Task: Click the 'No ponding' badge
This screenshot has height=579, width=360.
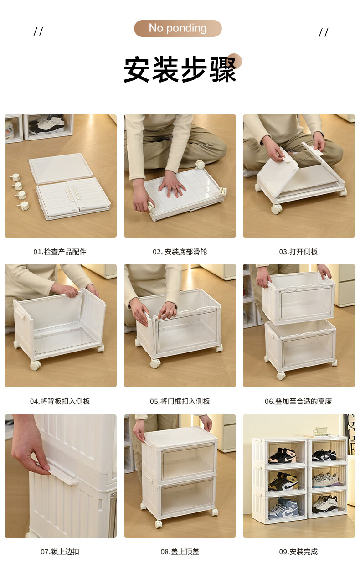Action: (178, 28)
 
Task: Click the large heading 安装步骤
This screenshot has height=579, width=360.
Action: (180, 69)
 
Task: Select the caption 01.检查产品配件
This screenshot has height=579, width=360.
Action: (60, 252)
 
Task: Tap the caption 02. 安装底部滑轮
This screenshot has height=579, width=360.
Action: (180, 252)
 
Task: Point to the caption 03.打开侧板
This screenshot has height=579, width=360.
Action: (298, 252)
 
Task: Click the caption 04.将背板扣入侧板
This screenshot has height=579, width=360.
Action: (60, 401)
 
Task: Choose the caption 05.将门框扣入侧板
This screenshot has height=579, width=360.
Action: (180, 401)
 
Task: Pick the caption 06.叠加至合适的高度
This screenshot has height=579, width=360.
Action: (298, 401)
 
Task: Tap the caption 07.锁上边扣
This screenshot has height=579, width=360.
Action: (60, 552)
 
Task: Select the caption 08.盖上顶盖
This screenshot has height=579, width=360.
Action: (180, 552)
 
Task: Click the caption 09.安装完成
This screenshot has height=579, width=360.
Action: (298, 552)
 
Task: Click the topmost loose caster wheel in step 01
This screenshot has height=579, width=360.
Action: (15, 177)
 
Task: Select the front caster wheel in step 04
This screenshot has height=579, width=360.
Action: (35, 365)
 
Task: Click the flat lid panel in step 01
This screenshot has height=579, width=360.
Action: (61, 168)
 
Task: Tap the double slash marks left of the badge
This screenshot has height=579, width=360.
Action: (38, 31)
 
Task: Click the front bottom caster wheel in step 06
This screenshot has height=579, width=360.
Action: (281, 376)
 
